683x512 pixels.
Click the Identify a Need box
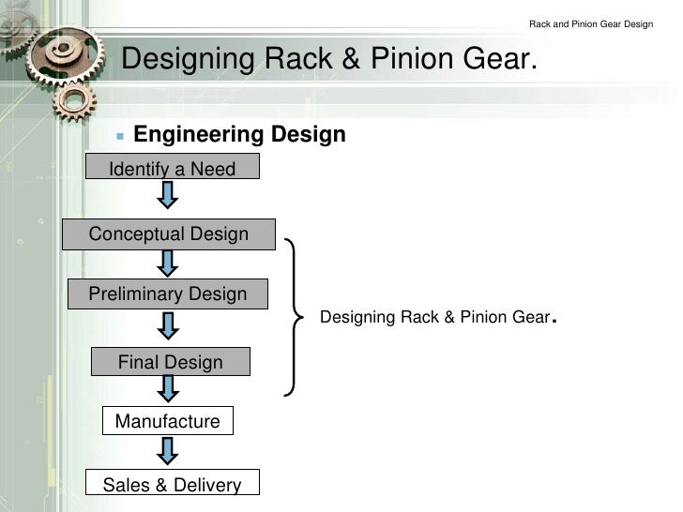pyautogui.click(x=172, y=169)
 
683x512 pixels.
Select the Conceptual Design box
pyautogui.click(x=169, y=233)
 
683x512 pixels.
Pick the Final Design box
pyautogui.click(x=171, y=362)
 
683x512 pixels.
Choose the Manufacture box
pyautogui.click(x=167, y=421)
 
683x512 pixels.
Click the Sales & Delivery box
pyautogui.click(x=172, y=484)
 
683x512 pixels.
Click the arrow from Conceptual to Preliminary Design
pyautogui.click(x=168, y=262)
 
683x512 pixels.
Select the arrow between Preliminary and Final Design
pyautogui.click(x=168, y=325)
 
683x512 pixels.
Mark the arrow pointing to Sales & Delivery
pyautogui.click(x=168, y=451)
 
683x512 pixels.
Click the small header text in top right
pyautogui.click(x=591, y=23)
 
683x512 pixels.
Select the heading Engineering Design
pyautogui.click(x=239, y=135)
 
